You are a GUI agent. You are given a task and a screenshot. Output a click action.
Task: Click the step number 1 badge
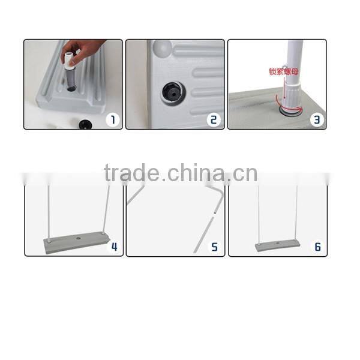(x=113, y=119)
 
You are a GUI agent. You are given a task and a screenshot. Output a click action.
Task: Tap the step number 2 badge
(x=214, y=119)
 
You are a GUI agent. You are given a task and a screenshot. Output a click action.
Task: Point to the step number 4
(x=114, y=246)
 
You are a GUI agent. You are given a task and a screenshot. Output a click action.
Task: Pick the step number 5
(x=215, y=246)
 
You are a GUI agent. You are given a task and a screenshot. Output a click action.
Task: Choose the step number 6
(x=317, y=246)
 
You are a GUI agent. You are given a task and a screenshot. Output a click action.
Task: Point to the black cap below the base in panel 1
(x=84, y=124)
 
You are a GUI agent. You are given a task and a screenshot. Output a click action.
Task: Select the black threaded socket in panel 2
(x=173, y=92)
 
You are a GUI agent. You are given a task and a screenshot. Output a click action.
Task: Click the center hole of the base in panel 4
(x=79, y=239)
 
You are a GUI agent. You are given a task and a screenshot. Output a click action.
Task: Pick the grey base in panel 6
(x=278, y=245)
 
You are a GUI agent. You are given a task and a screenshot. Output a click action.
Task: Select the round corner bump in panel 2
(x=161, y=48)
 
